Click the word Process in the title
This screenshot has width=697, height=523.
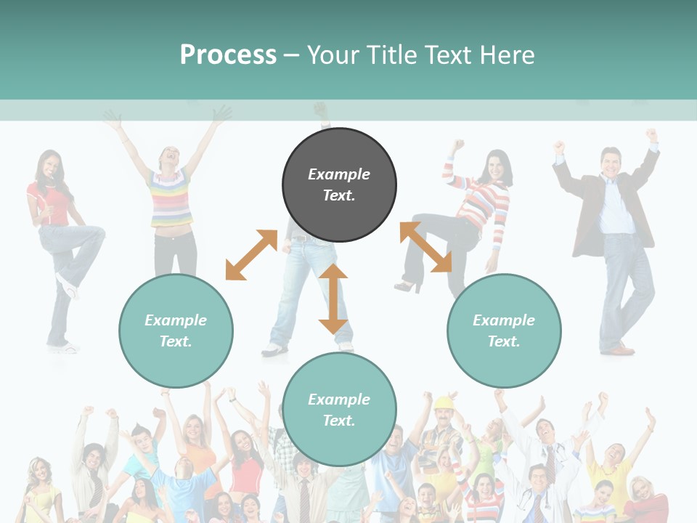point(228,55)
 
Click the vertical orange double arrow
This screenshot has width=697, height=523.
point(333,299)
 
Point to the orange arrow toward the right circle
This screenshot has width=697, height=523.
point(425,247)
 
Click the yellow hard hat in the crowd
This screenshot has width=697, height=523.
point(443,402)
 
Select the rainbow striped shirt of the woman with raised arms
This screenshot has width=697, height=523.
point(171,198)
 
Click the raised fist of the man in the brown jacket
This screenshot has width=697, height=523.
point(651,135)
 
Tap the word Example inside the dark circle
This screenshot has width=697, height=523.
point(339,174)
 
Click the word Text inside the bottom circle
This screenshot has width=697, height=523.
point(339,421)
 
